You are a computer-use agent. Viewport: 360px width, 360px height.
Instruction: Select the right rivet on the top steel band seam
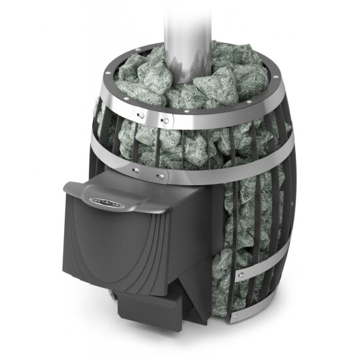pyautogui.click(x=166, y=120)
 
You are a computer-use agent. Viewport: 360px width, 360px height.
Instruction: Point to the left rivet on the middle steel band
pyautogui.click(x=136, y=171)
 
